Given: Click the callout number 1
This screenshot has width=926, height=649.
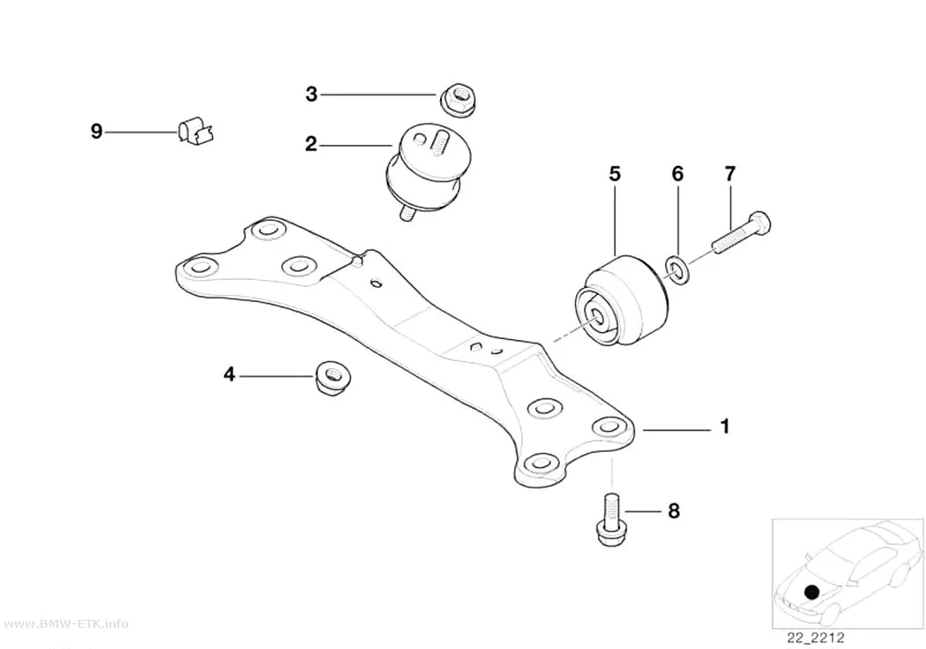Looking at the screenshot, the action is [725, 426].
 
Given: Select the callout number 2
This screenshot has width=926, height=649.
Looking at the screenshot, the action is [311, 144].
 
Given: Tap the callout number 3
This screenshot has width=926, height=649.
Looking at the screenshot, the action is [311, 94].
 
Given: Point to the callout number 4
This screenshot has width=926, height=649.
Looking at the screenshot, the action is [229, 374].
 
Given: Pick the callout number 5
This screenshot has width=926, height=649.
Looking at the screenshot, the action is [615, 174].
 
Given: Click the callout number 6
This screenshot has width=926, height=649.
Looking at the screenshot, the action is [677, 174].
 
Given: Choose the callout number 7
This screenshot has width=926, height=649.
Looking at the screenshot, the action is [730, 174].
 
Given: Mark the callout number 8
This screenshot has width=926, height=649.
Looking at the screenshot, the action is [674, 510].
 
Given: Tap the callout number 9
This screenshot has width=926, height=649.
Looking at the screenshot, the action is [96, 132].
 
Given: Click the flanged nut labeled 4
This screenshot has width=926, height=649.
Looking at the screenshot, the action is [332, 378].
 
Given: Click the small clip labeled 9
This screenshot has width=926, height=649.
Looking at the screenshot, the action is [196, 132].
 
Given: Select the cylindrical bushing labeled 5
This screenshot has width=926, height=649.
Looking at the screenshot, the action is [621, 301].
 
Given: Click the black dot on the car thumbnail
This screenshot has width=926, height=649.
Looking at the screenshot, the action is [813, 592].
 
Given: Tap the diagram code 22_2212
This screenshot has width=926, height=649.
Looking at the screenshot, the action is [815, 638].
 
